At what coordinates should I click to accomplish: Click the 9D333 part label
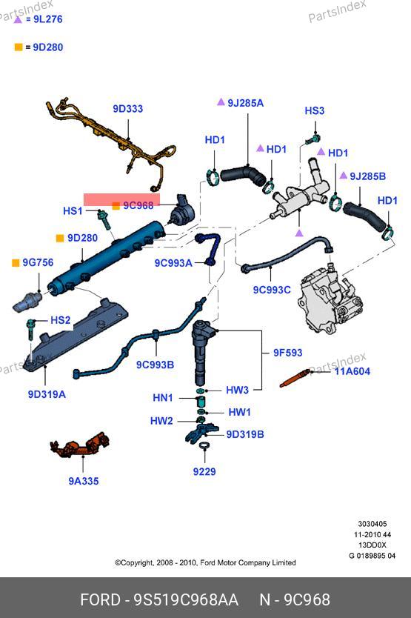coord(127,109)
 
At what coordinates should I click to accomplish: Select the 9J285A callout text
coord(246,103)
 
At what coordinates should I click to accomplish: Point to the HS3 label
coord(315,110)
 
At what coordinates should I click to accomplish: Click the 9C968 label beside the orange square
coord(138,205)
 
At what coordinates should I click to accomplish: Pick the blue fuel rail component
coord(107,257)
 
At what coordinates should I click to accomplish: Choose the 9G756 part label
coord(38,262)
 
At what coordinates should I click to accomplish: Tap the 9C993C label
coord(272,290)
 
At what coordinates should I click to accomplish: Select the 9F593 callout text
coord(287,353)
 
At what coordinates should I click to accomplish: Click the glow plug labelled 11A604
coord(295,379)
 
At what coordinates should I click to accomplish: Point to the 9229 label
coord(204,471)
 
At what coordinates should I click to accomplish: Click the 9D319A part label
coord(47,394)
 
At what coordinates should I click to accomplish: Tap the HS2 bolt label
coord(60,320)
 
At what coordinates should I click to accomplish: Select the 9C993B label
coord(155,365)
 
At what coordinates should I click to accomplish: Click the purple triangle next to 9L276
coord(18,19)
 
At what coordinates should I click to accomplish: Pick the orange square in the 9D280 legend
coord(19,47)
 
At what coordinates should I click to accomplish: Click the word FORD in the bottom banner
coord(100,600)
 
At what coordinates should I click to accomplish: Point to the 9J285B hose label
coord(367,176)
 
